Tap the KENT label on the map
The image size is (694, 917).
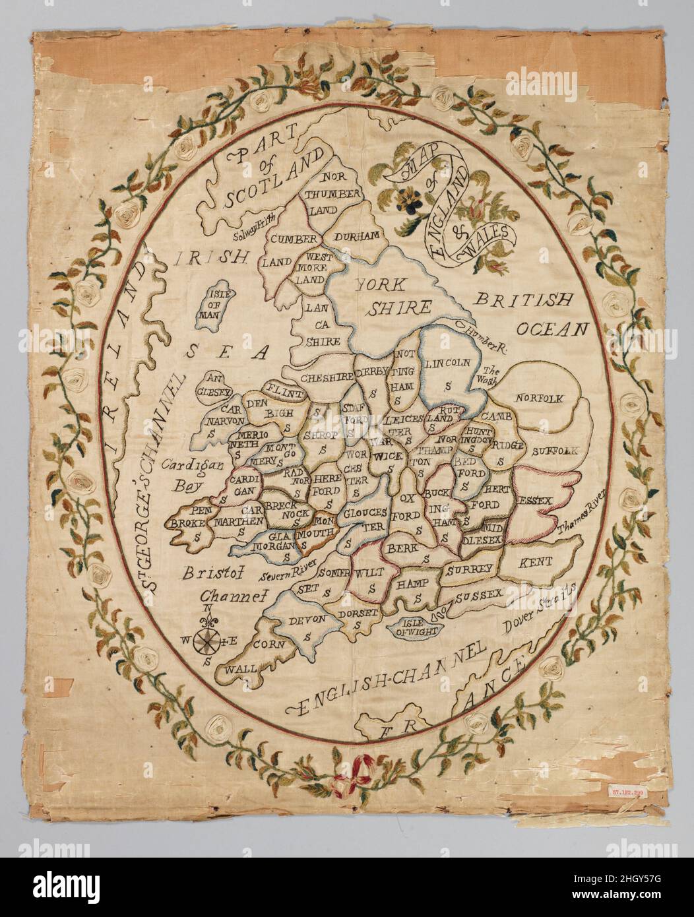coord(536,563)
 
